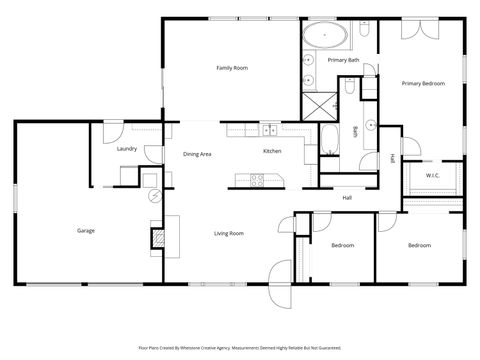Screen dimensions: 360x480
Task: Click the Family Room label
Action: pyautogui.click(x=232, y=68)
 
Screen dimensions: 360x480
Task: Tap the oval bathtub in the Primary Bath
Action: pyautogui.click(x=327, y=39)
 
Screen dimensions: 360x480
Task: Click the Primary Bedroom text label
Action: pyautogui.click(x=423, y=84)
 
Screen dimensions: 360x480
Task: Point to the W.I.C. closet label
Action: pyautogui.click(x=433, y=176)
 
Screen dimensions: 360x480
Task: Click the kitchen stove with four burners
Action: pyautogui.click(x=257, y=181)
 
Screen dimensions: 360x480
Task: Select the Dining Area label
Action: pyautogui.click(x=197, y=154)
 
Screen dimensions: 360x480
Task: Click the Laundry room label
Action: pyautogui.click(x=126, y=148)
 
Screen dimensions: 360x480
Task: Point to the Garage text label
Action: pyautogui.click(x=86, y=231)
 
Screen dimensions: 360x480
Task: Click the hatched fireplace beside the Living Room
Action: pyautogui.click(x=156, y=238)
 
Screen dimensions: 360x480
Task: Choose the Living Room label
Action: pyautogui.click(x=229, y=233)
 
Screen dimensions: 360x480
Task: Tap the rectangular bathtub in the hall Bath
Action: pyautogui.click(x=330, y=139)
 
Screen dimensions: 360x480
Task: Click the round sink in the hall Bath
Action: pyautogui.click(x=368, y=126)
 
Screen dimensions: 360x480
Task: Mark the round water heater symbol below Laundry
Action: pyautogui.click(x=149, y=180)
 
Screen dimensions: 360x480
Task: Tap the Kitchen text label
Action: pyautogui.click(x=272, y=151)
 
